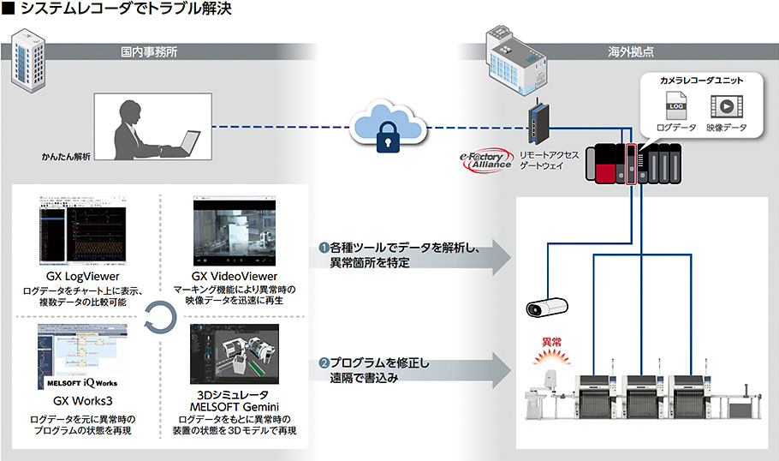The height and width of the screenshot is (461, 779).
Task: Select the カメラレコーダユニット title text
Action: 700,80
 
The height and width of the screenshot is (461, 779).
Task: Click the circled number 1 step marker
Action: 324,248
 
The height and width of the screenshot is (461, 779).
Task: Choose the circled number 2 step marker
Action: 324,363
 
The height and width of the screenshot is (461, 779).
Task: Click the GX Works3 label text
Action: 83,401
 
